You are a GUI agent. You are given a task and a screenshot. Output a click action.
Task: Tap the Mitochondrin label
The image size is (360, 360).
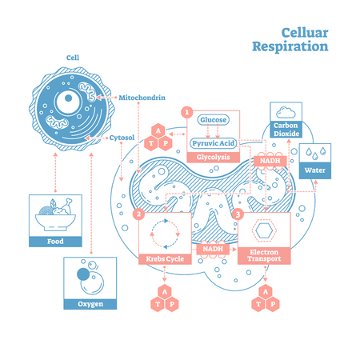pos(142,97)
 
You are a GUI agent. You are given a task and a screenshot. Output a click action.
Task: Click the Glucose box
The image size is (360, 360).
pos(213,120)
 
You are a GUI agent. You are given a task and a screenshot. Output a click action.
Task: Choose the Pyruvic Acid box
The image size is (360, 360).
pos(213,143)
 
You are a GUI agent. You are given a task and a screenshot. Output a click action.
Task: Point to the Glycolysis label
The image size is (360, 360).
pos(213,158)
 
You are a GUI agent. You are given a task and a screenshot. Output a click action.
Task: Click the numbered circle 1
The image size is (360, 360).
pos(188,112)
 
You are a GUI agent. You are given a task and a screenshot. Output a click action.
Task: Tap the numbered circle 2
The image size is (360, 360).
pos(138,214)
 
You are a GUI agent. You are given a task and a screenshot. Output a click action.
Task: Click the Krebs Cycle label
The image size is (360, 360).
pos(166,259)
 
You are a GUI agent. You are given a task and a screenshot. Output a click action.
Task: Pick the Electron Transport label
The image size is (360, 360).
pos(265,255)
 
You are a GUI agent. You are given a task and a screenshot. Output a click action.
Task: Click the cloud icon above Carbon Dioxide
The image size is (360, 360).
pos(286,111)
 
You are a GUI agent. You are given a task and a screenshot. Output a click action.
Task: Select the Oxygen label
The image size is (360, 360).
pos(90,303)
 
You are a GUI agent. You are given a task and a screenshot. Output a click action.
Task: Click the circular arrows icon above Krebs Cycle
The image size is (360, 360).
pos(166,231)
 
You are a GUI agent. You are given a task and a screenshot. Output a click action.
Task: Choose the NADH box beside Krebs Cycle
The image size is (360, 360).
pos(214,249)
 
